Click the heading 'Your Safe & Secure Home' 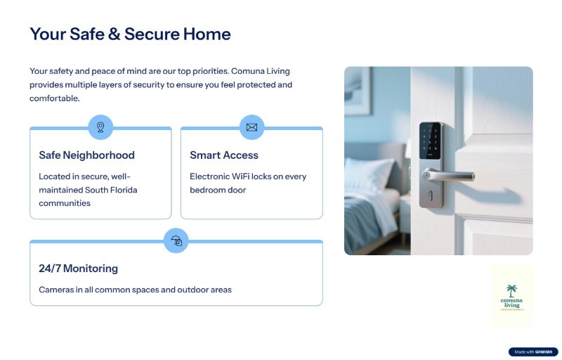click(x=130, y=34)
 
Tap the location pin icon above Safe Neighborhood click(x=100, y=127)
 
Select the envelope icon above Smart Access click(x=251, y=127)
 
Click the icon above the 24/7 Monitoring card click(x=176, y=240)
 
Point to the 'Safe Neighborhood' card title click(x=86, y=155)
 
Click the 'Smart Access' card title click(x=224, y=155)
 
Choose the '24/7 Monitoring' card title click(x=78, y=269)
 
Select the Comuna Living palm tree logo click(x=511, y=295)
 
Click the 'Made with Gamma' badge click(x=533, y=352)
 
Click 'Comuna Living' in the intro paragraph click(x=261, y=71)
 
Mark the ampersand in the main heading click(x=114, y=34)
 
